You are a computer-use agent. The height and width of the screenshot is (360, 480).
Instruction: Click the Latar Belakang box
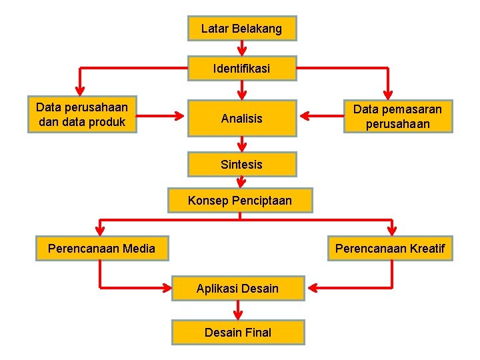coord(241,29)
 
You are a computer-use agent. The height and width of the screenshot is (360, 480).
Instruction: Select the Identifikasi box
coord(241,68)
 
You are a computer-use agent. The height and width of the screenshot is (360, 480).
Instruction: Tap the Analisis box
coord(241,119)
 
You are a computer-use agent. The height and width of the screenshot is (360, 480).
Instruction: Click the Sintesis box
coord(241,164)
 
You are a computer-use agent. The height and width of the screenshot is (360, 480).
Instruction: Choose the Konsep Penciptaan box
coord(240,200)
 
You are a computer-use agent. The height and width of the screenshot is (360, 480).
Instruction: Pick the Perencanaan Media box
coord(101,249)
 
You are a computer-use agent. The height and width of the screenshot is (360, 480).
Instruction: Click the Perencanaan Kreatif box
coord(390,249)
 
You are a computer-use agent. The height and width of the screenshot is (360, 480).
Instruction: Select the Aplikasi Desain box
coord(237,288)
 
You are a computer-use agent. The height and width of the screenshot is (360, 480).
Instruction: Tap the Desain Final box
coord(238,332)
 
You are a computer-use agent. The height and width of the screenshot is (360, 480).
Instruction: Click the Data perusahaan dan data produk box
coord(82,115)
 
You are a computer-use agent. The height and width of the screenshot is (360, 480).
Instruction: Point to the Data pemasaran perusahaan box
coord(398,116)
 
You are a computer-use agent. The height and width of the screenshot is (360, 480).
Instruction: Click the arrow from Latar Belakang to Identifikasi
coord(242,48)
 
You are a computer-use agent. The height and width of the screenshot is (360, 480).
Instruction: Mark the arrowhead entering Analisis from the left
coord(179,115)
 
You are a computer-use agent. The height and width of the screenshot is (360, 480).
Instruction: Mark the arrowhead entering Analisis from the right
coord(305,116)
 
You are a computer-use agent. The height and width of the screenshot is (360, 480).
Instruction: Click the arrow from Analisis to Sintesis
coord(242,144)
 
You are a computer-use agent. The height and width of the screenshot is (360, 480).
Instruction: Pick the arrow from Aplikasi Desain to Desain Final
coord(238,310)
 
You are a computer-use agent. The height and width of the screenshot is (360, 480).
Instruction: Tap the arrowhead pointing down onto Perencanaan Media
coord(100,231)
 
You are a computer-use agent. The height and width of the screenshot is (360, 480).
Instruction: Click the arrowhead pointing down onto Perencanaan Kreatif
coord(393,231)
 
